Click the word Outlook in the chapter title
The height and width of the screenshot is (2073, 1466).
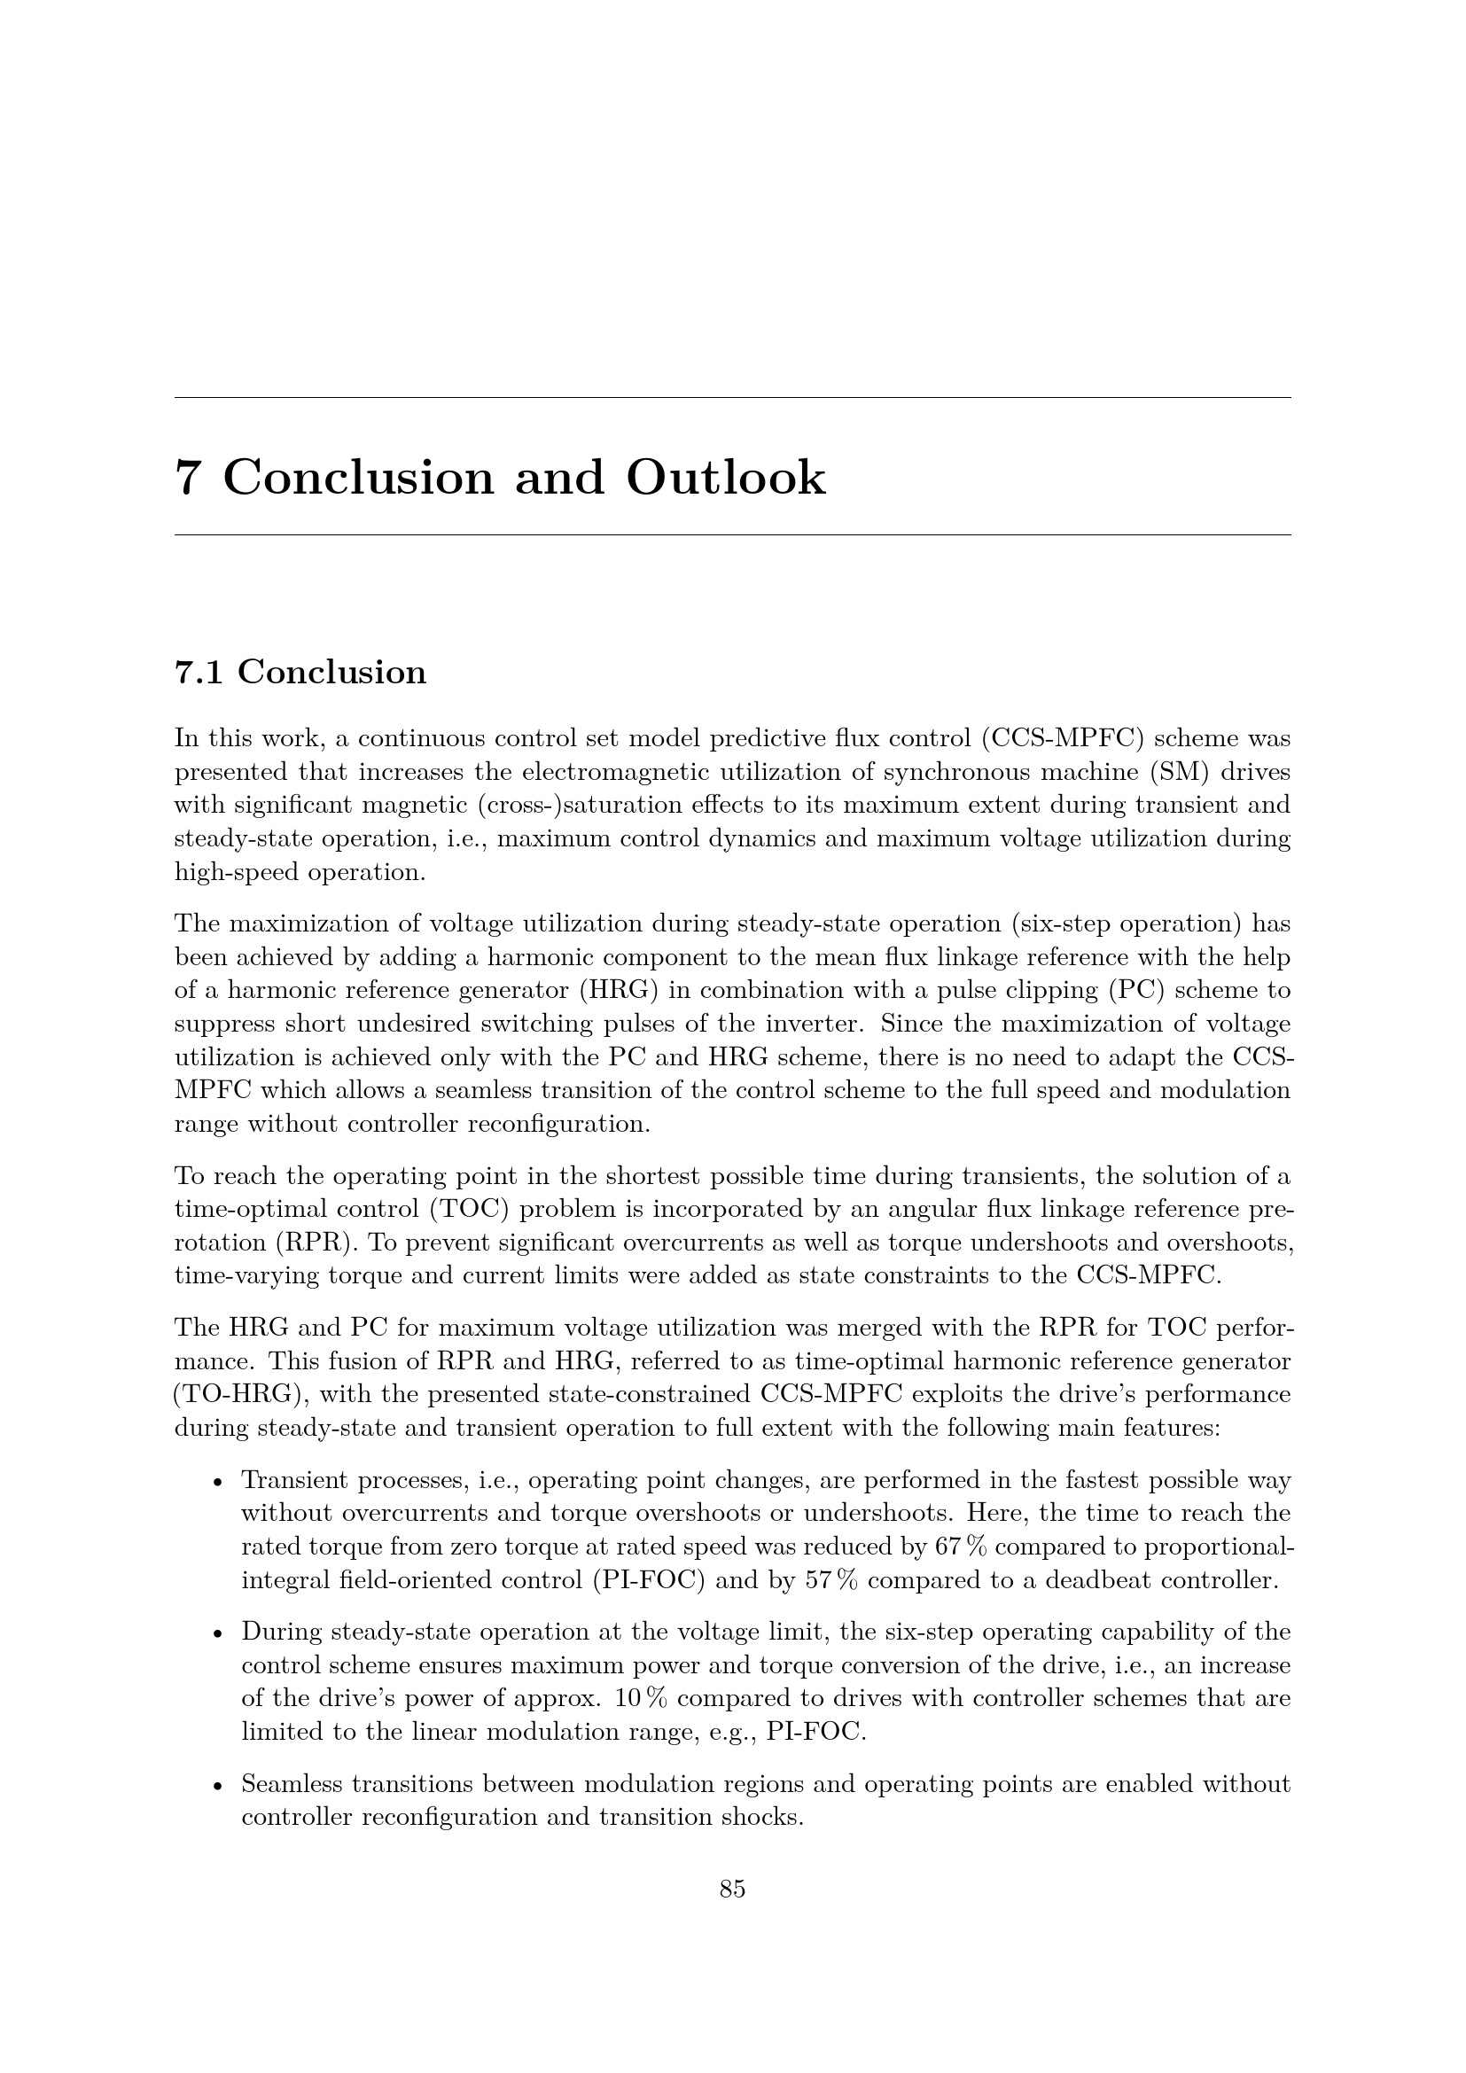pos(725,478)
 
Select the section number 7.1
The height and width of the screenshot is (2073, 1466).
pos(198,673)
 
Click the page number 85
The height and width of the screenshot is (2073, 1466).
pos(732,1890)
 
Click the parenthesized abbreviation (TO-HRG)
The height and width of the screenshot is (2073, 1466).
pos(238,1395)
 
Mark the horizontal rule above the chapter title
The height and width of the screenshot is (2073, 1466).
pos(732,397)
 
